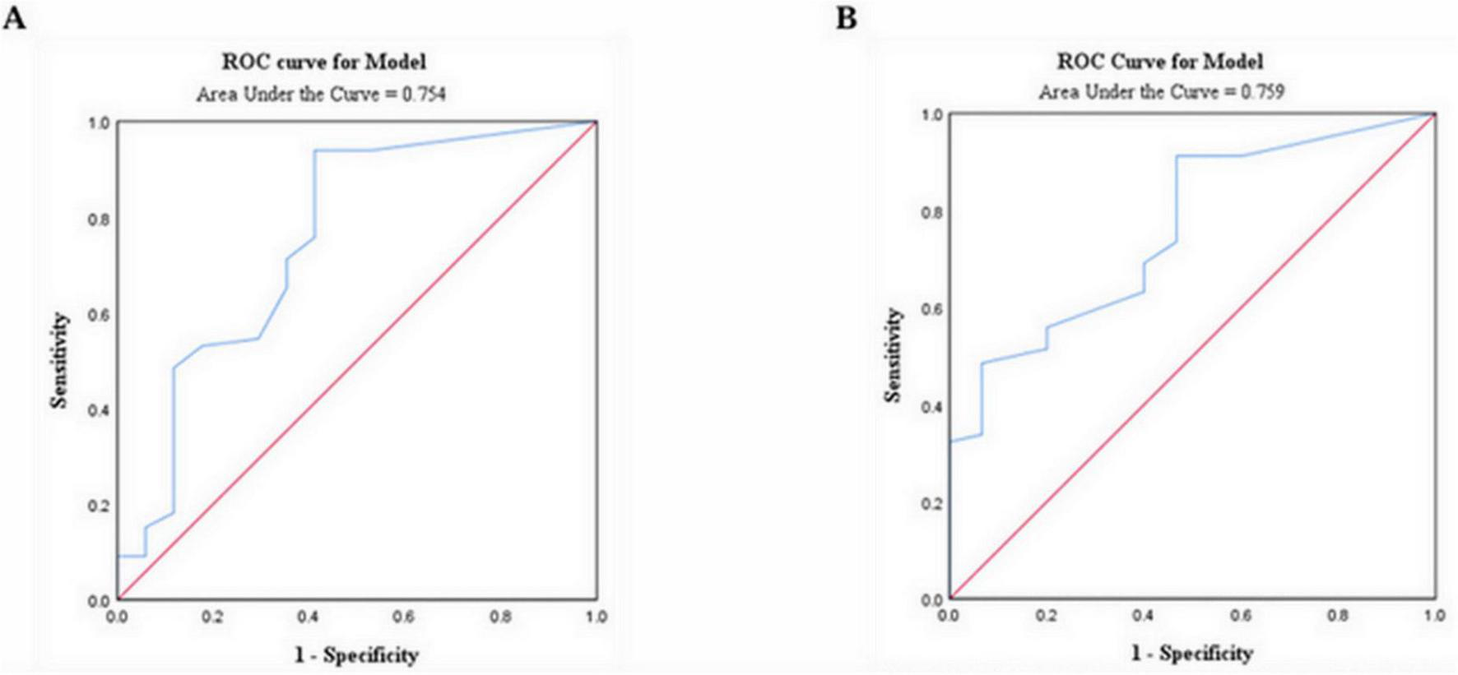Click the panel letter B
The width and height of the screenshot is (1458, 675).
pyautogui.click(x=847, y=17)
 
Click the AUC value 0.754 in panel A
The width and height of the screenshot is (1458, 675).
pyautogui.click(x=424, y=95)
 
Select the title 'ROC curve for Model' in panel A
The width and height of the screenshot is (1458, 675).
pyautogui.click(x=323, y=62)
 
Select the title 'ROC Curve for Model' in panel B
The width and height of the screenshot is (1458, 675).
pyautogui.click(x=1159, y=61)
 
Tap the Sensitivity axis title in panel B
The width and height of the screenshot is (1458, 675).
pyautogui.click(x=894, y=355)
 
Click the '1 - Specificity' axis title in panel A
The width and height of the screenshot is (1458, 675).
pyautogui.click(x=356, y=655)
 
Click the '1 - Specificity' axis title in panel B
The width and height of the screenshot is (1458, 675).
pyautogui.click(x=1191, y=654)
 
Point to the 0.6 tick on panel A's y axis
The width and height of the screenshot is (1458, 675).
pyautogui.click(x=99, y=315)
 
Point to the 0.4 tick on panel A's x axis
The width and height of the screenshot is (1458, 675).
pyautogui.click(x=309, y=617)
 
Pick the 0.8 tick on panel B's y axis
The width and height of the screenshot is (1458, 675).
pyautogui.click(x=931, y=212)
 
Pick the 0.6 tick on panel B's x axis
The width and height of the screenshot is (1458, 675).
pyautogui.click(x=1241, y=615)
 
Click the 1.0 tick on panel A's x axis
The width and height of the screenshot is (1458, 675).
pyautogui.click(x=596, y=617)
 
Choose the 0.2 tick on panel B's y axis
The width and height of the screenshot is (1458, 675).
pyautogui.click(x=931, y=503)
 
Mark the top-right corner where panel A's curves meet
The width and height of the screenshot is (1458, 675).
pyautogui.click(x=596, y=122)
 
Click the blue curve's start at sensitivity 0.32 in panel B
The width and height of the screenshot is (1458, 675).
pyautogui.click(x=950, y=442)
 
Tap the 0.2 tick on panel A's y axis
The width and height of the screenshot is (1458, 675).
pyautogui.click(x=99, y=506)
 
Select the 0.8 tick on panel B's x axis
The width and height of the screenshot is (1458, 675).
pyautogui.click(x=1338, y=615)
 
